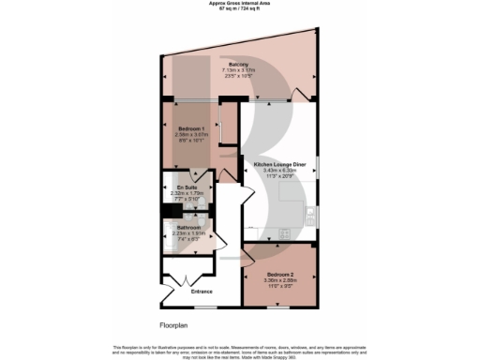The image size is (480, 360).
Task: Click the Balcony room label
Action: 237,64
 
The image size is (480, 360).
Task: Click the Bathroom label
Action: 188,227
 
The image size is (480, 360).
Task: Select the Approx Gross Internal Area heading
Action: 239,4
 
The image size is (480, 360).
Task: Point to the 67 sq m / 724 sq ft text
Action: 239,9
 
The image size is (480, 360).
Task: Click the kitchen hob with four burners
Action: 284,231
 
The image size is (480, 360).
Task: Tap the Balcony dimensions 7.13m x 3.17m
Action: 237,69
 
